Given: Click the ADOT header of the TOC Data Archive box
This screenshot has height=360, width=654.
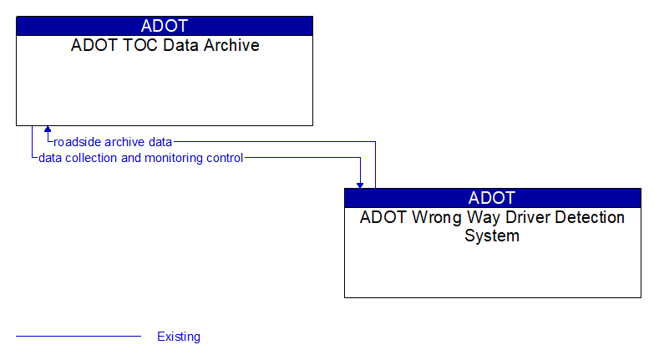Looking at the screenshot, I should (x=165, y=26).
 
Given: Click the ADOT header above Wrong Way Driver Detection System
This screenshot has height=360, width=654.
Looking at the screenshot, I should (x=492, y=198).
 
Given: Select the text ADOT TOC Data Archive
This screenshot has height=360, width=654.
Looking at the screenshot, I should (x=165, y=45).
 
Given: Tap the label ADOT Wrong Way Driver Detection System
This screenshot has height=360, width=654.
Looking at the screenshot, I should (x=492, y=226).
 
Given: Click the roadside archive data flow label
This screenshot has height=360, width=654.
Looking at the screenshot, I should (x=113, y=142).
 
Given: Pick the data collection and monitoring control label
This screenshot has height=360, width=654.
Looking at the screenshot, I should (x=140, y=158).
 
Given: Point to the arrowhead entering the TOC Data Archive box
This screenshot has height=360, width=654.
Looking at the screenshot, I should (x=48, y=130).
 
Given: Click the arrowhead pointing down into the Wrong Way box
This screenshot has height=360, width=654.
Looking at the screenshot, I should (x=360, y=184).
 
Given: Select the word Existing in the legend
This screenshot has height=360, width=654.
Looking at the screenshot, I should (x=179, y=337).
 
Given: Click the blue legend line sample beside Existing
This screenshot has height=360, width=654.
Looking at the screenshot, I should (x=79, y=337).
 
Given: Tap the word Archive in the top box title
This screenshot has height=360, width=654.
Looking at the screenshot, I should (x=230, y=45).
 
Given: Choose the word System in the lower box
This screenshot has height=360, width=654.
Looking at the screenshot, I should (x=492, y=236).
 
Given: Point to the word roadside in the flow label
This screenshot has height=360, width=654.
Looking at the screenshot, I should (x=78, y=142).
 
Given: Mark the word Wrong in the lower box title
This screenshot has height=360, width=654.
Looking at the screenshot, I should (x=429, y=217).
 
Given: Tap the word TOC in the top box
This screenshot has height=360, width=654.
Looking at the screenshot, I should (x=131, y=45).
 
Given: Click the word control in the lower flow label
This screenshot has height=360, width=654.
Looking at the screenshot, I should (x=224, y=158).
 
